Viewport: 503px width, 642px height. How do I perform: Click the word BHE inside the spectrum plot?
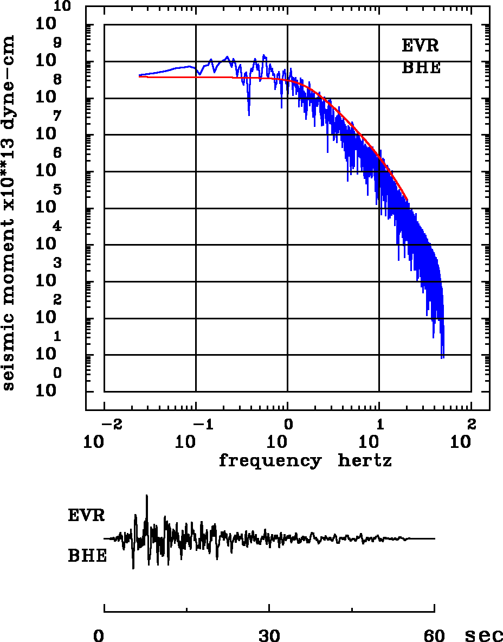pos(421,68)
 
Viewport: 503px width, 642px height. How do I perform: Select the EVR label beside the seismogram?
pos(86,515)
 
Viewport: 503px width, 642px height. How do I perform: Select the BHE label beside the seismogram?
pos(87,556)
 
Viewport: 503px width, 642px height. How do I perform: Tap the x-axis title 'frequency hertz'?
pos(305,461)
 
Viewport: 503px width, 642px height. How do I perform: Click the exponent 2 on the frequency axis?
pos(472,423)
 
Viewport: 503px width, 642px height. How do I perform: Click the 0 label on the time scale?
pos(99,635)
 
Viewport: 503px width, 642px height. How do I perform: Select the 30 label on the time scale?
pos(269,635)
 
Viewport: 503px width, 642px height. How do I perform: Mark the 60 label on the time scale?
pos(435,635)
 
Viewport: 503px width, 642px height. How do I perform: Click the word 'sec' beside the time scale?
pos(484,635)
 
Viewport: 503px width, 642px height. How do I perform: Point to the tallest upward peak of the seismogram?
pos(147,496)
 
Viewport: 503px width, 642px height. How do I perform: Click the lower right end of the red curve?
pos(407,200)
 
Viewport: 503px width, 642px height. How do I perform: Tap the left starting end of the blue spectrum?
pos(139,75)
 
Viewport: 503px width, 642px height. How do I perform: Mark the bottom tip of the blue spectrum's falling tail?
pos(443,358)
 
